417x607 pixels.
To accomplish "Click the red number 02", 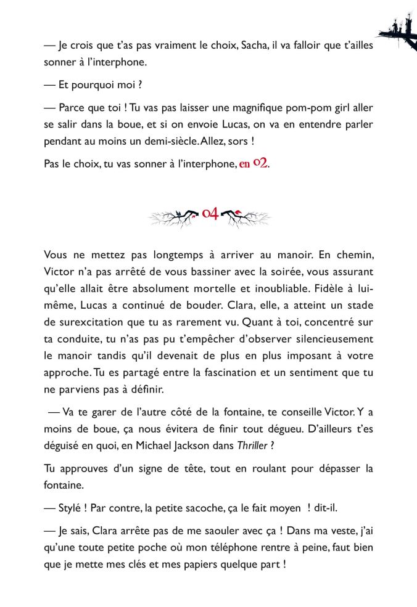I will click(260, 165).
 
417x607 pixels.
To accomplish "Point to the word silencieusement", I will click(325, 338).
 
